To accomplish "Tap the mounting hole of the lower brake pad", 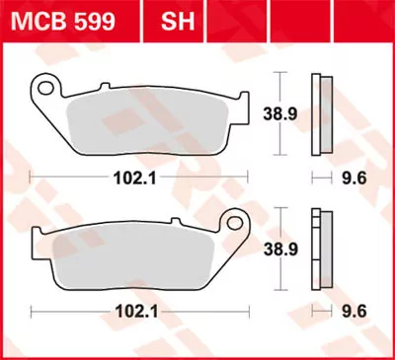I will (234, 223).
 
